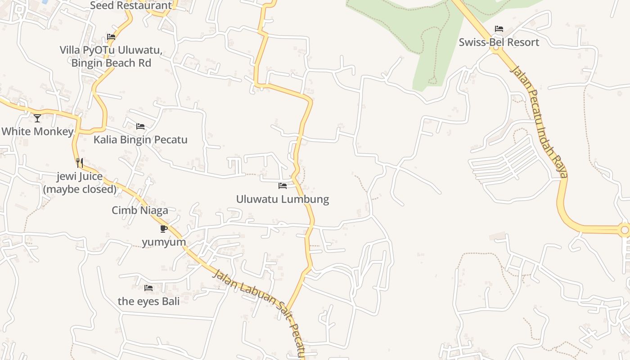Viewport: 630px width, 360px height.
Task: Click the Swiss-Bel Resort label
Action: (499, 42)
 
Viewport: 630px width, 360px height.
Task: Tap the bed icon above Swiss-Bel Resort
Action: (499, 29)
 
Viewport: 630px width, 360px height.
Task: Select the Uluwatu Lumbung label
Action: (283, 199)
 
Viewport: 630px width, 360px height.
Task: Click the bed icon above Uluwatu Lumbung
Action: (283, 185)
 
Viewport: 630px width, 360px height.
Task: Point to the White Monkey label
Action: (37, 131)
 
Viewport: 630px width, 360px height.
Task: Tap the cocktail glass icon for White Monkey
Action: (37, 118)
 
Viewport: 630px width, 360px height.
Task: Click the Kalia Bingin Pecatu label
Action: (140, 139)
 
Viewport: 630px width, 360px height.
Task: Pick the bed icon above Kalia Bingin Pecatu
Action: (140, 126)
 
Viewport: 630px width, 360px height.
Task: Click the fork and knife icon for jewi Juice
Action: (80, 163)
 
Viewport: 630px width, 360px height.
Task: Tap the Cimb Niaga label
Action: (140, 210)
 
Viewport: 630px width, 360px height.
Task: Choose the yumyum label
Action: (164, 242)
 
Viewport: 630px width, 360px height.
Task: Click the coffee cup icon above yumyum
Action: (164, 229)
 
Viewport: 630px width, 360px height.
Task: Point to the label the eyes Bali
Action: (148, 301)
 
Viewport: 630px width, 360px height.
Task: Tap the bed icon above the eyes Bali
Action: (148, 288)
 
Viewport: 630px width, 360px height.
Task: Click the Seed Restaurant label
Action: (131, 5)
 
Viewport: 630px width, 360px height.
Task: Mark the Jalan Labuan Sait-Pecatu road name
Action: (259, 310)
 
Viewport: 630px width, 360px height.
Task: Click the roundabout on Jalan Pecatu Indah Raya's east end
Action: (624, 230)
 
